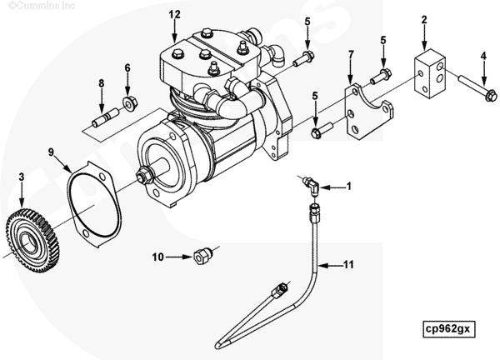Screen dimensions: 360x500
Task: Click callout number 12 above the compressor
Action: [x=173, y=15]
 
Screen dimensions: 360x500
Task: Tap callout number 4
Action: [x=483, y=57]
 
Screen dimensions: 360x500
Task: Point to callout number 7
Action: [x=351, y=56]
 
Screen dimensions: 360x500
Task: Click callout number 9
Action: [x=52, y=152]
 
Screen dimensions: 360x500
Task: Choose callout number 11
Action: [x=349, y=265]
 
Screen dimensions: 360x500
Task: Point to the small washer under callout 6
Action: [x=129, y=102]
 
